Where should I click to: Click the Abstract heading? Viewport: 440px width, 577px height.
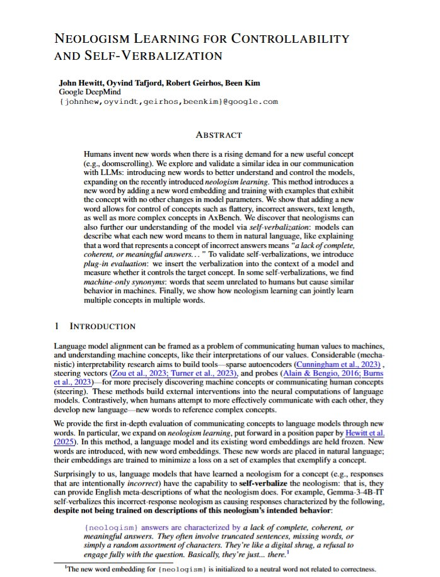click(219, 135)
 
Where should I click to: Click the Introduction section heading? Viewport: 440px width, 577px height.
click(101, 326)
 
